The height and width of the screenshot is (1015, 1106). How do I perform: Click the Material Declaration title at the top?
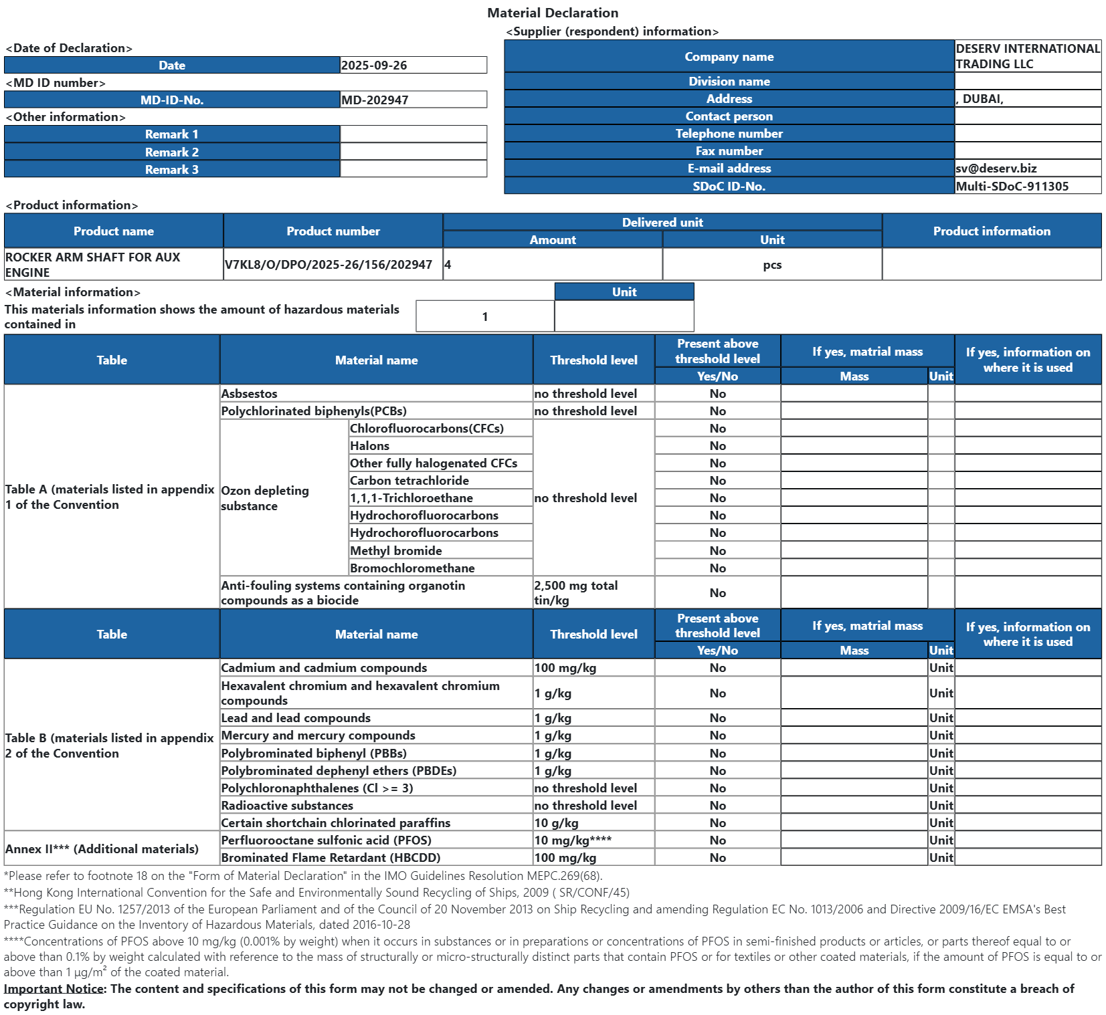click(x=552, y=13)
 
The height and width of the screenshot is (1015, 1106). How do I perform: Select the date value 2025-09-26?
click(x=374, y=66)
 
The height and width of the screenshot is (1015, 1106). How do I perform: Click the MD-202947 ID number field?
click(x=375, y=100)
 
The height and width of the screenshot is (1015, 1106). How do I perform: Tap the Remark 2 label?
click(x=171, y=152)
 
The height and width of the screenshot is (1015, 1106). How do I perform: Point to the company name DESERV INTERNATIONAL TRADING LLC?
click(x=1027, y=56)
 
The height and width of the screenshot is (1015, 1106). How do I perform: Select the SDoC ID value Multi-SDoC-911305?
click(x=1012, y=187)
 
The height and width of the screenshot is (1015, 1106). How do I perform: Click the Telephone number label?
click(x=729, y=134)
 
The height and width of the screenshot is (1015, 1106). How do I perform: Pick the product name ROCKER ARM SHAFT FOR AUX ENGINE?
click(x=92, y=265)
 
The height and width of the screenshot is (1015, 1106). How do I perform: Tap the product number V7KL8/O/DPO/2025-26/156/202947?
click(x=329, y=265)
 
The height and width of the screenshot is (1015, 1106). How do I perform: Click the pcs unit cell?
click(x=772, y=265)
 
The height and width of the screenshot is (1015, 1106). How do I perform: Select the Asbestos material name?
click(x=249, y=394)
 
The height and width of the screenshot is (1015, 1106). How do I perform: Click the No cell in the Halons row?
click(x=717, y=446)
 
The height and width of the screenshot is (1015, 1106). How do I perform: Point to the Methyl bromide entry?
click(x=395, y=551)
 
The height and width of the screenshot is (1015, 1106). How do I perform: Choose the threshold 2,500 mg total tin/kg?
click(x=576, y=592)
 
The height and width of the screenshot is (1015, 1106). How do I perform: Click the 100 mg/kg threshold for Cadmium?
click(x=565, y=668)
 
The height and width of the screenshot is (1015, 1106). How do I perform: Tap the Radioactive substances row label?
click(x=287, y=806)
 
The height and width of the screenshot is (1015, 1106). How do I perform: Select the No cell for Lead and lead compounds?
click(x=717, y=718)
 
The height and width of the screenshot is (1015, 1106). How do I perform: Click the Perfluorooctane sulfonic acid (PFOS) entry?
click(x=326, y=840)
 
